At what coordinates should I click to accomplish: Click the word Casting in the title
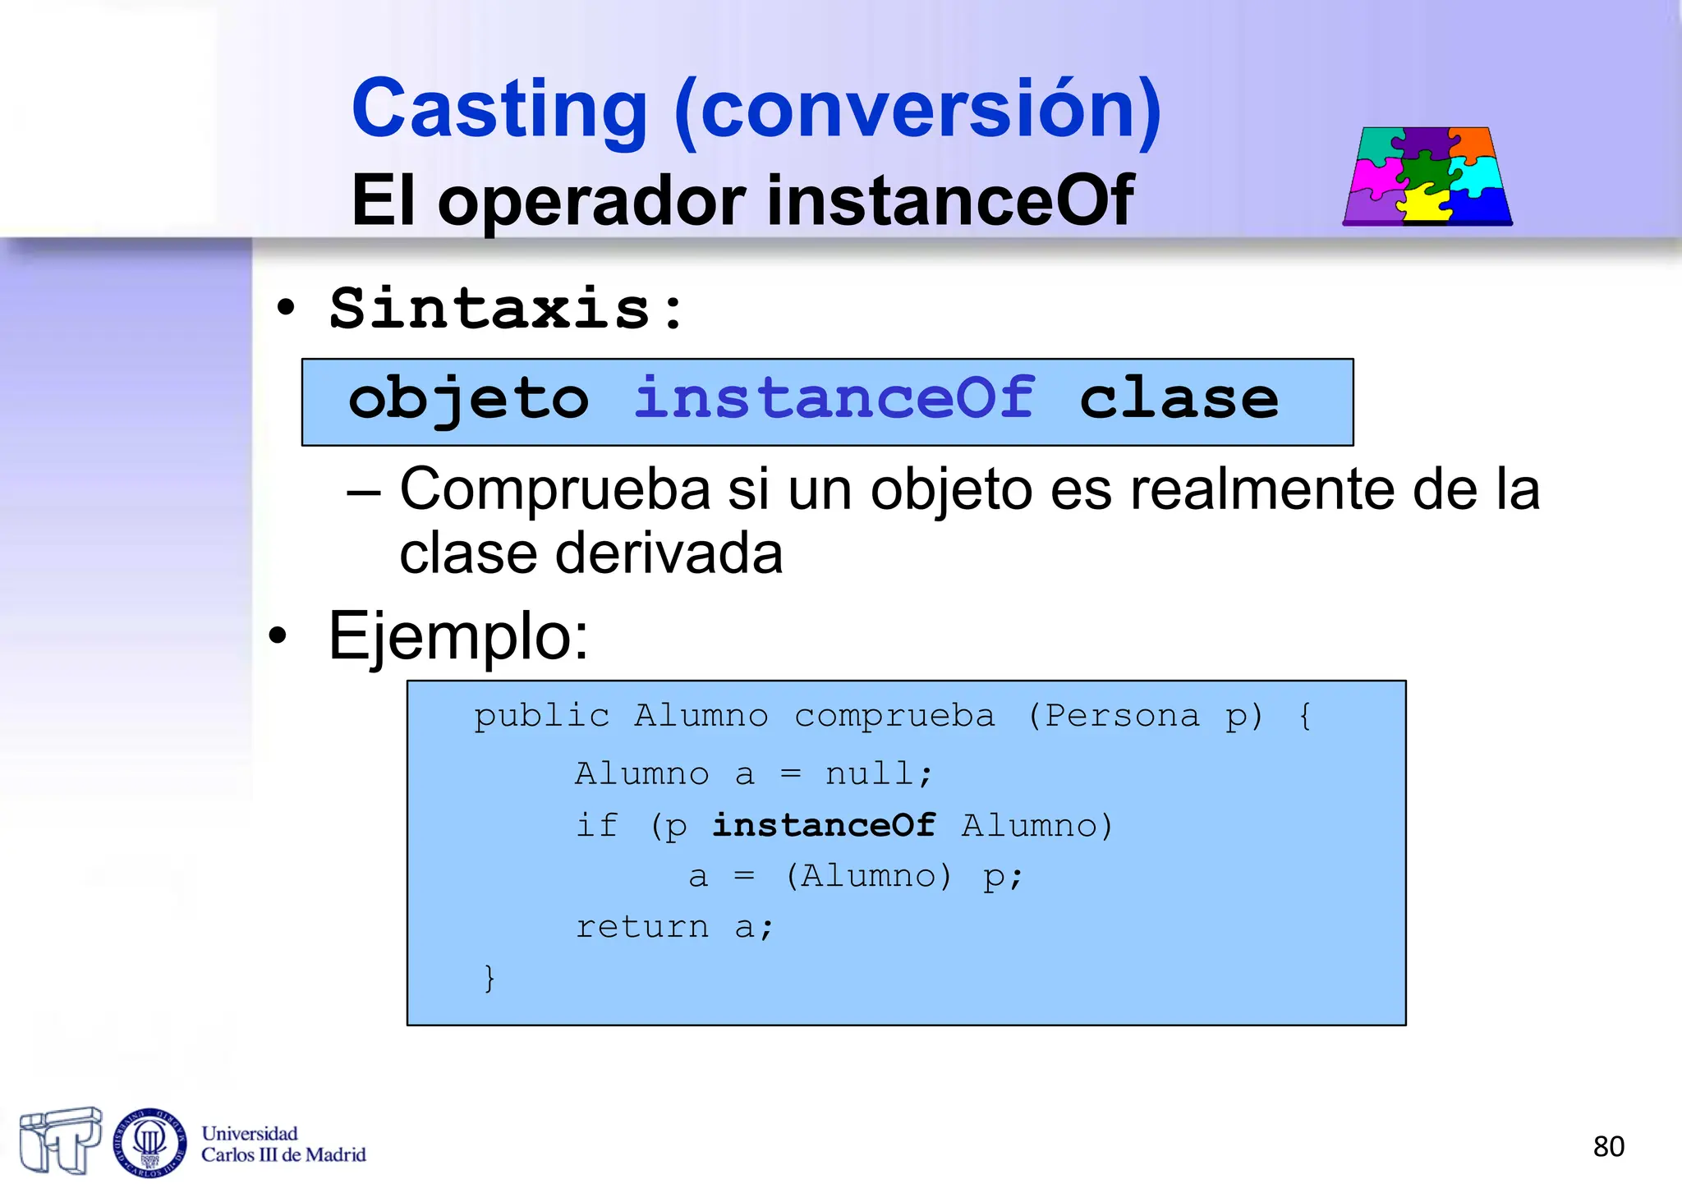(499, 109)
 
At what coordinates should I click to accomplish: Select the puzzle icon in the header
(1427, 176)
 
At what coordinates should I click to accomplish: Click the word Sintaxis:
(506, 310)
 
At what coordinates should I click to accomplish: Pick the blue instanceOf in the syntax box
(834, 398)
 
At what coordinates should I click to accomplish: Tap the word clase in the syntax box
(1179, 399)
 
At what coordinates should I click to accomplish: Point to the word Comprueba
(554, 491)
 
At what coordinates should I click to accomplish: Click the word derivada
(669, 553)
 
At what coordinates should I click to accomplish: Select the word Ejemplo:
(458, 636)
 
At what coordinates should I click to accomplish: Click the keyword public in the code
(541, 716)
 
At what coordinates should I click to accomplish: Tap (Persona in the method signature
(1113, 716)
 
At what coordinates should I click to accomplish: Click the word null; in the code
(879, 774)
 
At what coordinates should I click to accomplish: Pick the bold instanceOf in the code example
(824, 826)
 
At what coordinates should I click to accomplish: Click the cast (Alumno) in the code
(868, 876)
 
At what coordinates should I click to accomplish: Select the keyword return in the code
(641, 927)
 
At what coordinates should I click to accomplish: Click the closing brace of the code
(489, 978)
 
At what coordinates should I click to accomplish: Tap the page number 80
(1608, 1146)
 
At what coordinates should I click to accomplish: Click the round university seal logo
(149, 1142)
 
